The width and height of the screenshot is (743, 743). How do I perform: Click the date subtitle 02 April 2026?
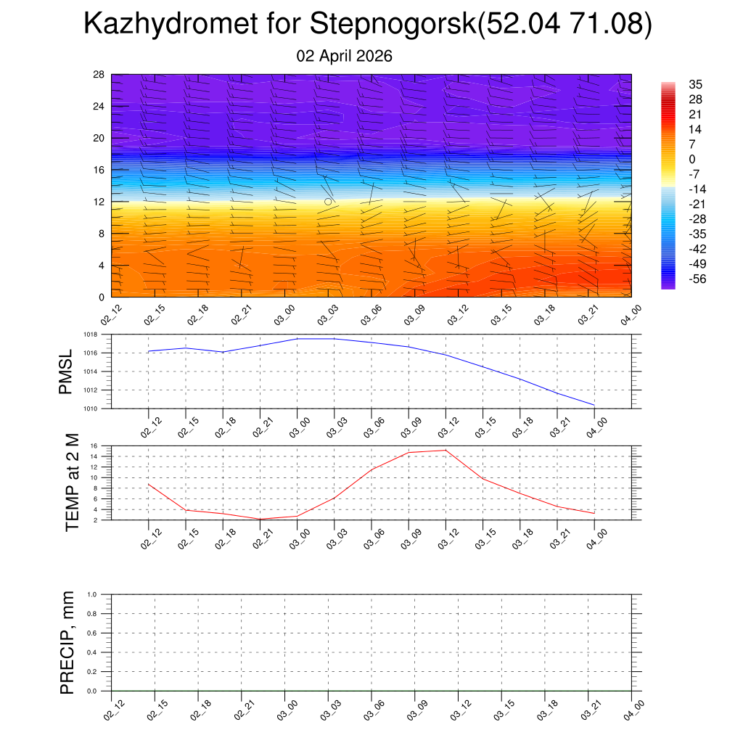tap(345, 56)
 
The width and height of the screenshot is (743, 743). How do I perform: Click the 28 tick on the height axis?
tap(99, 74)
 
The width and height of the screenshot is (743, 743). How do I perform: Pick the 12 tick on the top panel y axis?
tap(99, 202)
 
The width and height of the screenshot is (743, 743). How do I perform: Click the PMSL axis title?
tap(66, 371)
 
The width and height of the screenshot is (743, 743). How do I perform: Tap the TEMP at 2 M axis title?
tap(72, 483)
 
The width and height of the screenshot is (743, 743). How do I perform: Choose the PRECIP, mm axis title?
tap(67, 642)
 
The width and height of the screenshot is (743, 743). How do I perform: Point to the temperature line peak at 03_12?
tap(445, 450)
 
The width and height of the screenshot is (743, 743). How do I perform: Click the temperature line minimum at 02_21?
tap(259, 519)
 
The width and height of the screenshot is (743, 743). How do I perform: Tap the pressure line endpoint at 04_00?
tap(594, 405)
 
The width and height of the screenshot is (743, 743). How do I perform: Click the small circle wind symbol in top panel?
tap(328, 201)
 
